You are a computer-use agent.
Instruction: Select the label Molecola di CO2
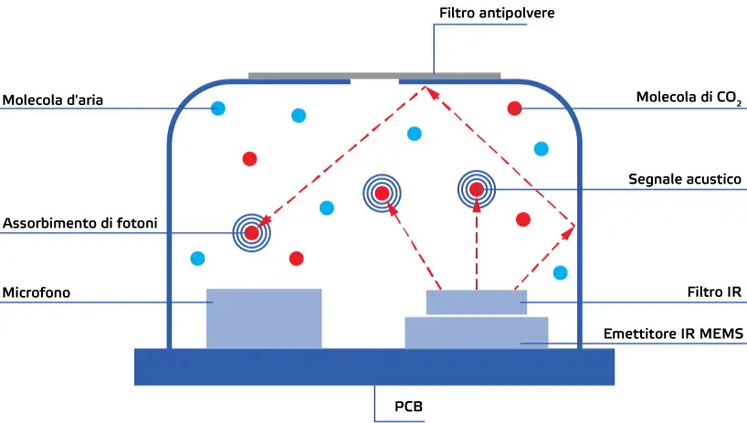point(689,98)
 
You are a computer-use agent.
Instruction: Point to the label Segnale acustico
point(684,180)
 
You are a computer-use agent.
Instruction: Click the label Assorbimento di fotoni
point(79,223)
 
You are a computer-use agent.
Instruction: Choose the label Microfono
point(37,292)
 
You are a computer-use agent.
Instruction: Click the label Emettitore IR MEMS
point(674,334)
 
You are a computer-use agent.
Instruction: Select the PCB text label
point(408,406)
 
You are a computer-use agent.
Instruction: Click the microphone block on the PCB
point(264,318)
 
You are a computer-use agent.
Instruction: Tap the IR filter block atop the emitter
point(476,301)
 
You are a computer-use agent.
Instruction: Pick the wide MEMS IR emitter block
point(476,333)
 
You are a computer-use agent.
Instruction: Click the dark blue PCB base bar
point(373,365)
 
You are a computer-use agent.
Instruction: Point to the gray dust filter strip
point(373,75)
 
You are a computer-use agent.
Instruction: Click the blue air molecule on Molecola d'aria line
point(218,109)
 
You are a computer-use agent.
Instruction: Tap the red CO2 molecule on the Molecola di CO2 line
point(514,109)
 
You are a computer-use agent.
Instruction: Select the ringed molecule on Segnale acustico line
point(476,189)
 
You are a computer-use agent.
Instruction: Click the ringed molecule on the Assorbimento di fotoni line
point(252,232)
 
